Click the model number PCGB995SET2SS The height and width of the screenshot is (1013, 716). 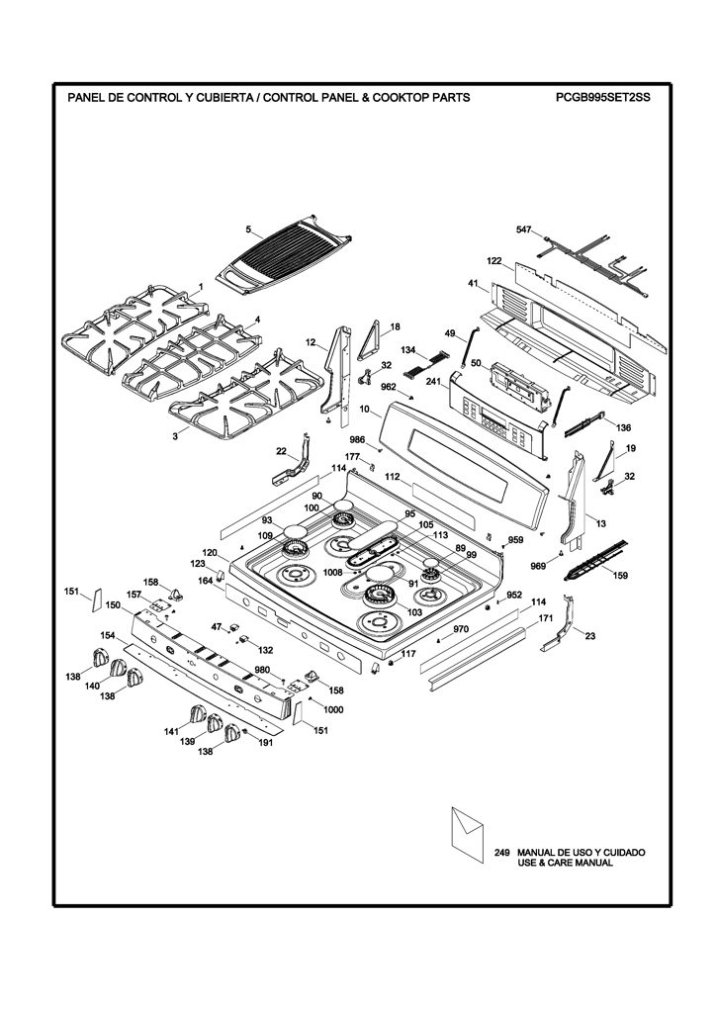tap(601, 98)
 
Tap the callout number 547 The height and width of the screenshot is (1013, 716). tap(523, 230)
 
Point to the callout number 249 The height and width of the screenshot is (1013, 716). tap(501, 853)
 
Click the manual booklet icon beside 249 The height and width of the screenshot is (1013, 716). tap(467, 834)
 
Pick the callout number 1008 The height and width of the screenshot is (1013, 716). tap(333, 572)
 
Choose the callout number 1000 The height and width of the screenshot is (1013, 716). tap(333, 709)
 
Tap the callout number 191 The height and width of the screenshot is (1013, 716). tap(265, 742)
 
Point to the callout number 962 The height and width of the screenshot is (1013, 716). tap(388, 387)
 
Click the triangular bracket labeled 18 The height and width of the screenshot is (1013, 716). tap(373, 338)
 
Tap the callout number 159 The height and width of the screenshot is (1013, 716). tap(620, 575)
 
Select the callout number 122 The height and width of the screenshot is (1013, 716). tap(493, 260)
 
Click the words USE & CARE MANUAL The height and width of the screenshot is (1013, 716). tap(565, 863)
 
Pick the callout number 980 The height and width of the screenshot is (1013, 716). tap(261, 670)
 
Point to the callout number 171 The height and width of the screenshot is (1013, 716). tap(546, 618)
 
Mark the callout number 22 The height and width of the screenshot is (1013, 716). tap(281, 451)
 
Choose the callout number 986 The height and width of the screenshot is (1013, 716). tap(357, 440)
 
